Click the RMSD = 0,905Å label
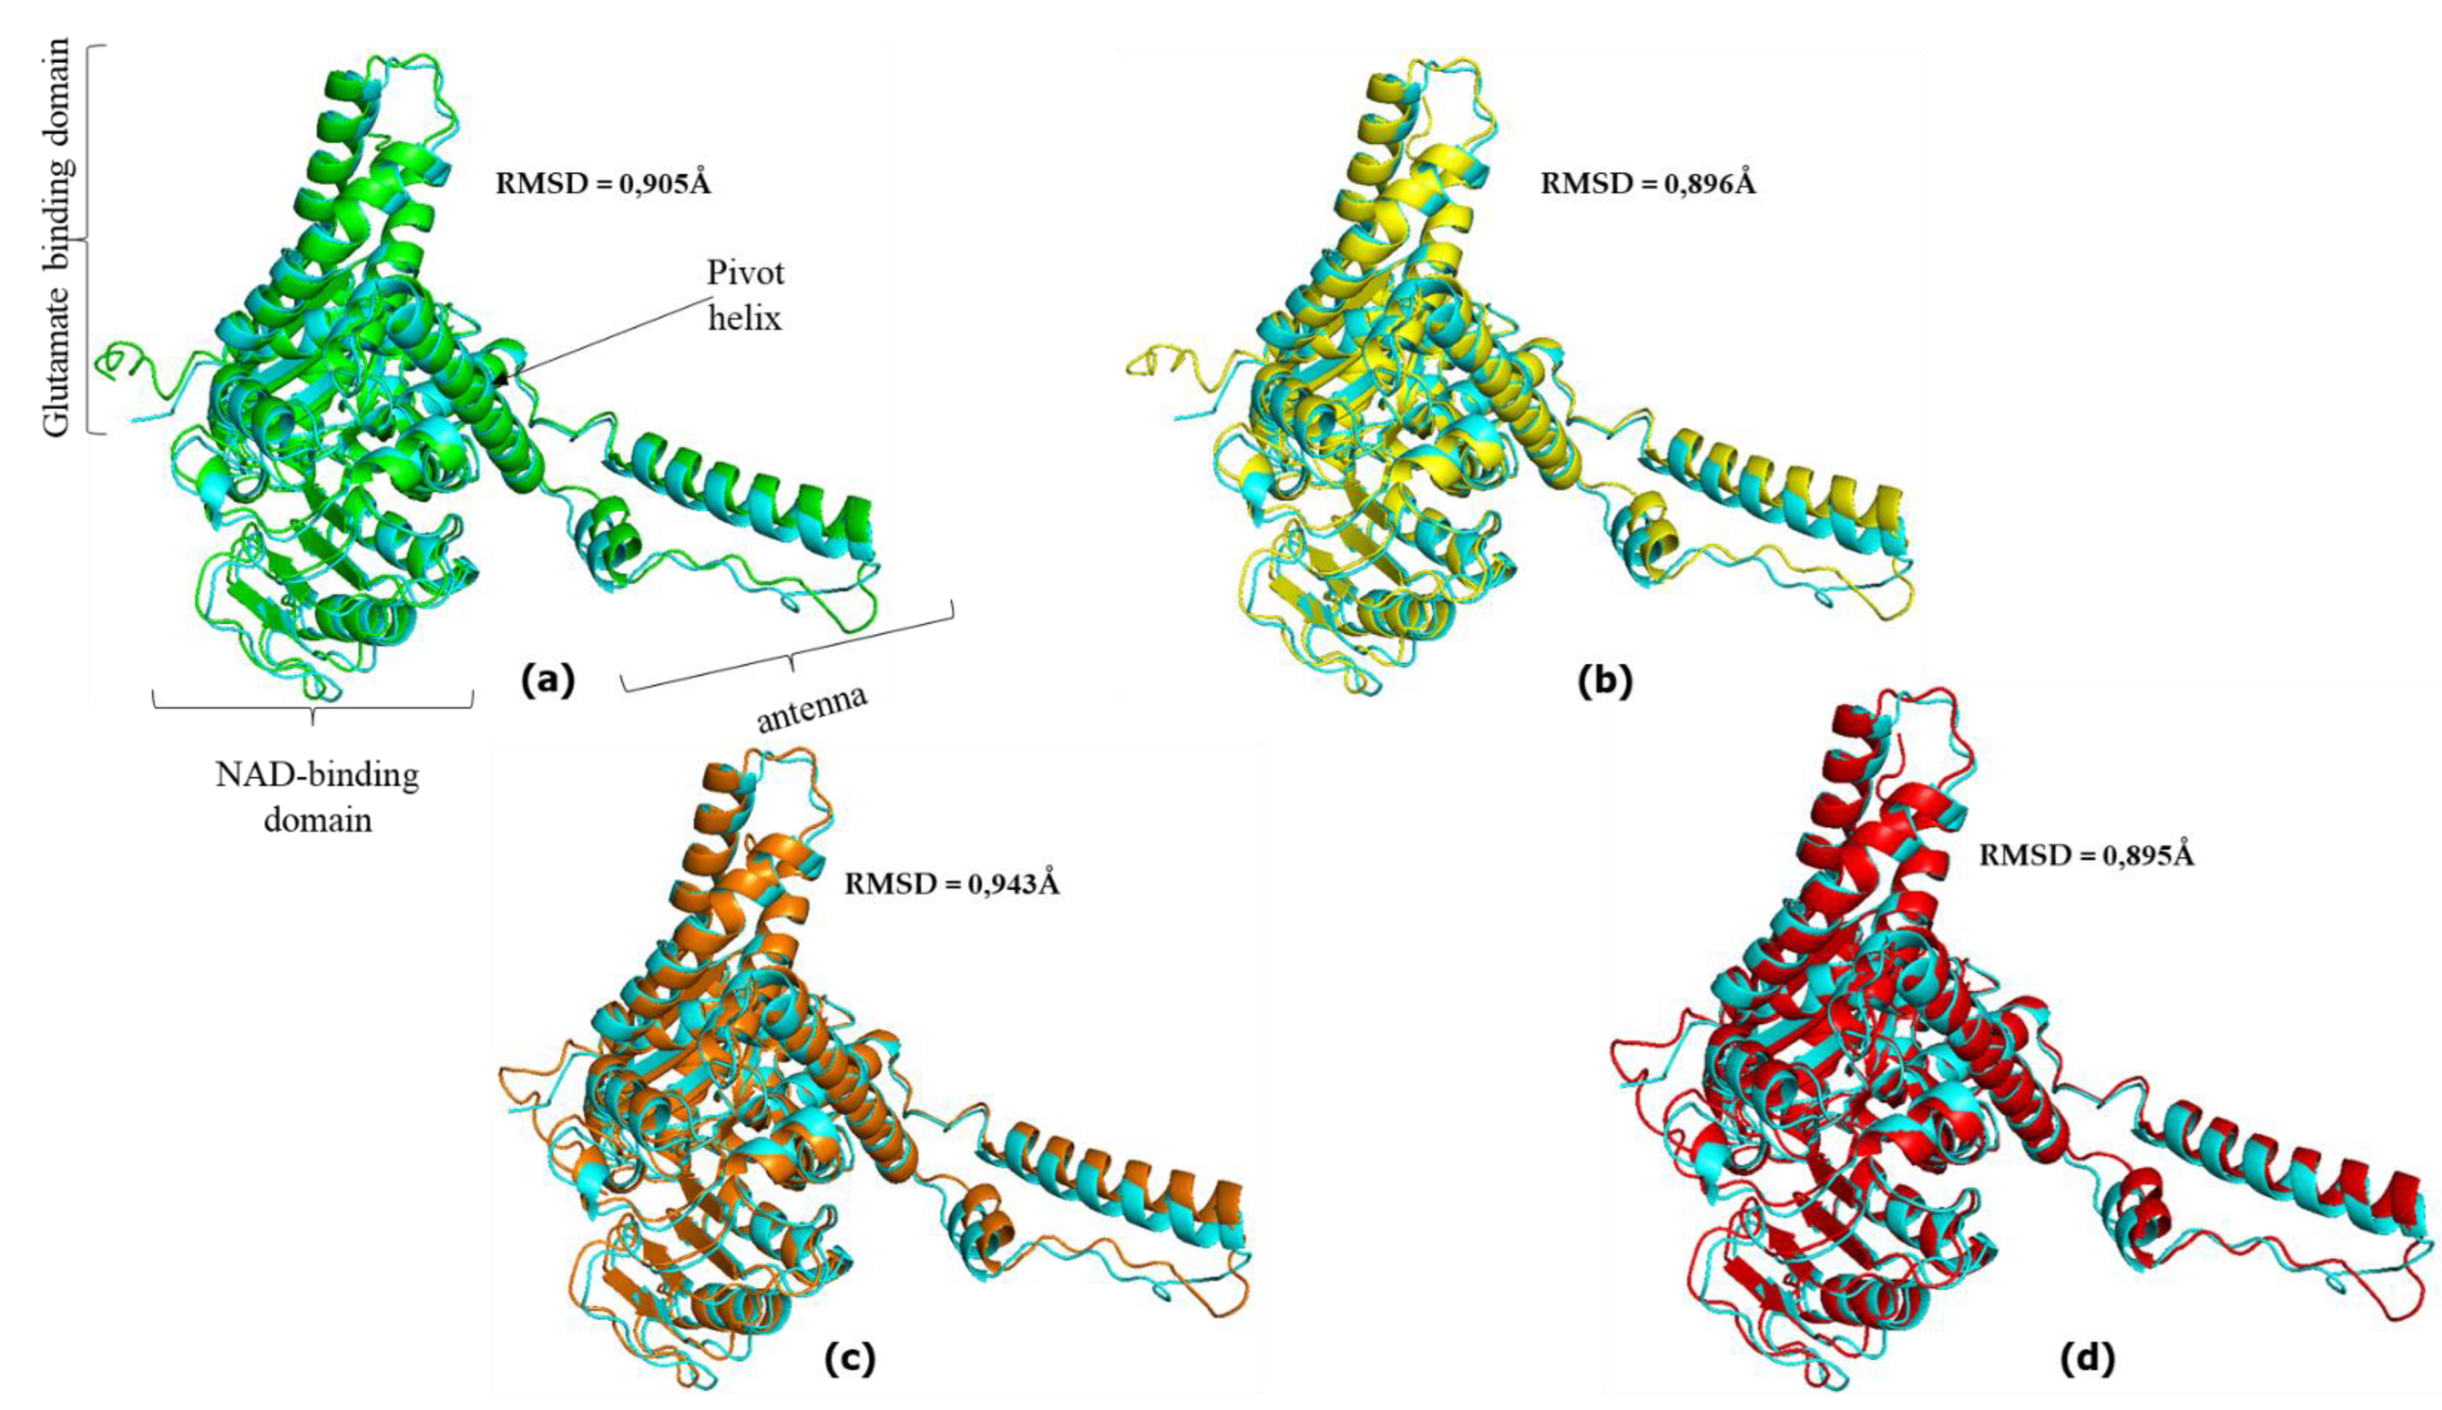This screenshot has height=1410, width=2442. [x=603, y=183]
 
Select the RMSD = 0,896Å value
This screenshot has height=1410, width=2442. [x=1647, y=183]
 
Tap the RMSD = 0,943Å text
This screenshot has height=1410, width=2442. [x=952, y=884]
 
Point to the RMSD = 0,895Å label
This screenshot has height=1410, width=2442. [x=2086, y=855]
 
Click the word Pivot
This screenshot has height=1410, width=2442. [x=746, y=273]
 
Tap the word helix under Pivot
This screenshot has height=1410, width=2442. [x=744, y=317]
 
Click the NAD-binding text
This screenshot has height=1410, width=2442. [x=317, y=775]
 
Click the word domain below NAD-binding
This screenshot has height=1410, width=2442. [x=319, y=821]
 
